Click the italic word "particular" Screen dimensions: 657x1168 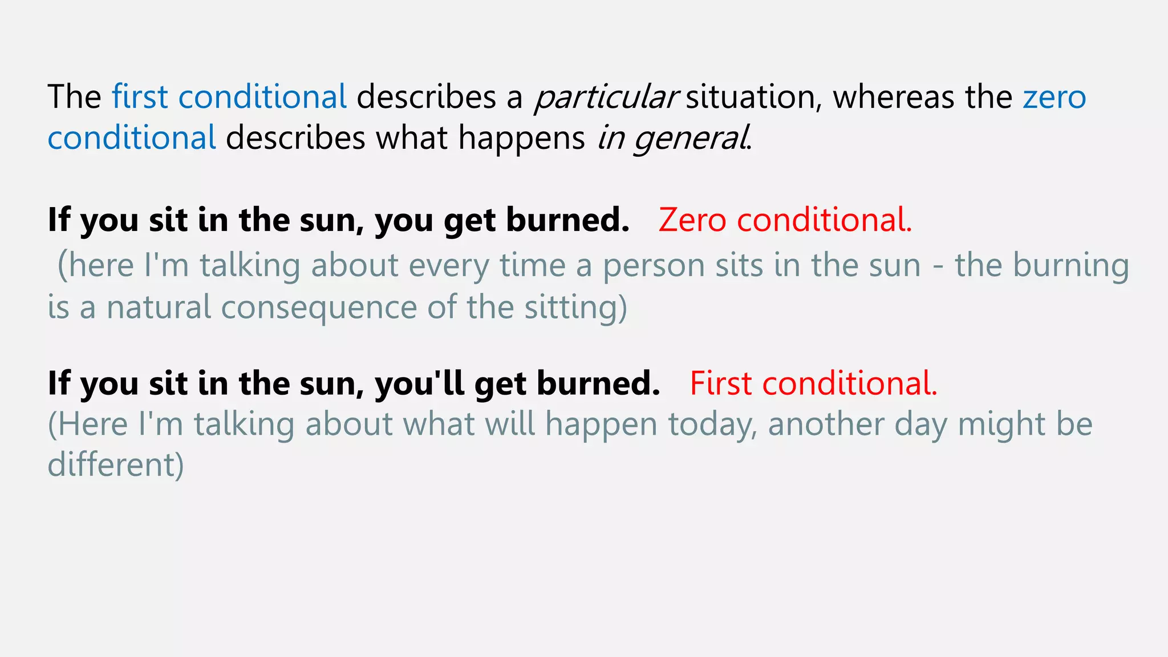(x=606, y=97)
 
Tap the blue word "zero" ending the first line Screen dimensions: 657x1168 (x=1054, y=97)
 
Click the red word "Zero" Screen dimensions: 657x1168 (x=692, y=220)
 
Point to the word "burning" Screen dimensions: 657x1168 (x=1070, y=266)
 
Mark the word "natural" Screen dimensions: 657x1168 (x=159, y=307)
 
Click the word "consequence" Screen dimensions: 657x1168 (x=319, y=307)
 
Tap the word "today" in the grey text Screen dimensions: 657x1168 (x=713, y=424)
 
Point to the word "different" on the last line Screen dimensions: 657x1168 (x=111, y=464)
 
